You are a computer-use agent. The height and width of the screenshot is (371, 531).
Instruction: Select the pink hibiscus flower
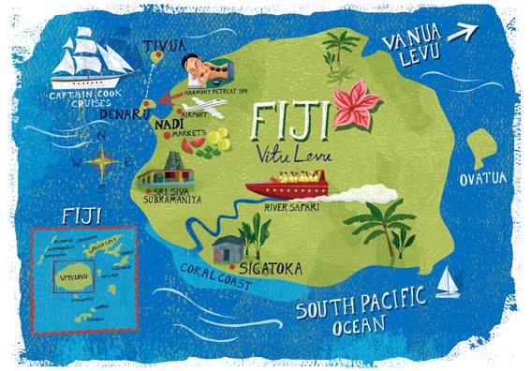tap(357, 103)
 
